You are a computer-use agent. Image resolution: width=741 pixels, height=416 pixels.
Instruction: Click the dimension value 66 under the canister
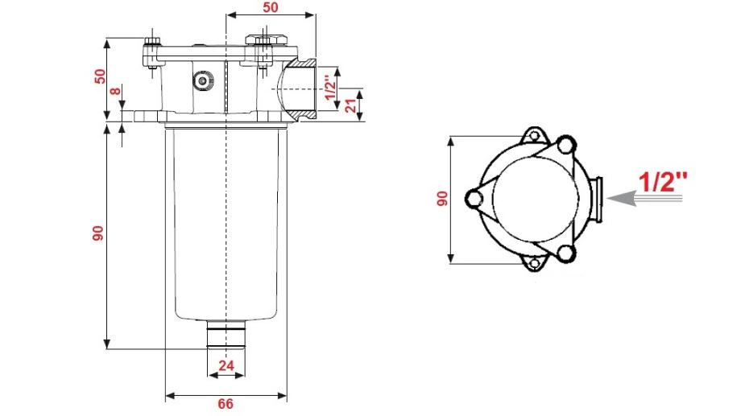coord(226,405)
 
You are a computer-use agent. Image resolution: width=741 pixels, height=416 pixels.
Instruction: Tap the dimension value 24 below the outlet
coord(226,366)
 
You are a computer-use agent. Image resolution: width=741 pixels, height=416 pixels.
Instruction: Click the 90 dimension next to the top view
coord(441,199)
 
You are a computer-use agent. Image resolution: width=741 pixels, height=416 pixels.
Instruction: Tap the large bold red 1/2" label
coord(663,181)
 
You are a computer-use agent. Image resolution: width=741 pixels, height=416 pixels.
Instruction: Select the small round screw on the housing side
coord(201,80)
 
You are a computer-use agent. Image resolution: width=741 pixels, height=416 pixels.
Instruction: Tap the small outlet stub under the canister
coord(226,333)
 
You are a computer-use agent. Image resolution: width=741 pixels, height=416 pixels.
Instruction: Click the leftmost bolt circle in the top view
coord(474,196)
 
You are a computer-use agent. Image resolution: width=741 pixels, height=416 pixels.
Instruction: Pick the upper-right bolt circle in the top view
coord(565,146)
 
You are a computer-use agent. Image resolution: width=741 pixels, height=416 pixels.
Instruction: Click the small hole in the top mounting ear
coord(531,134)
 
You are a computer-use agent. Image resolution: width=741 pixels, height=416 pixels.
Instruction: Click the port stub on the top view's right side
coord(597,198)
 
